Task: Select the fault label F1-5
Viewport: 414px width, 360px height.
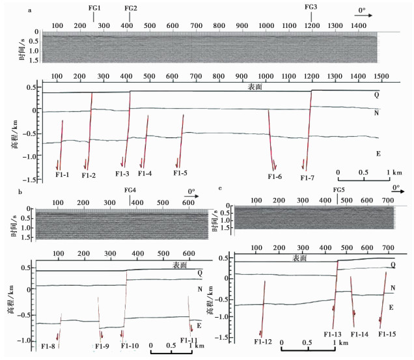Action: point(180,173)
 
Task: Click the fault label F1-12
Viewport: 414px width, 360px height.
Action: point(263,341)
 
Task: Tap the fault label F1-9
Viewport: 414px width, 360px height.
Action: point(102,345)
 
